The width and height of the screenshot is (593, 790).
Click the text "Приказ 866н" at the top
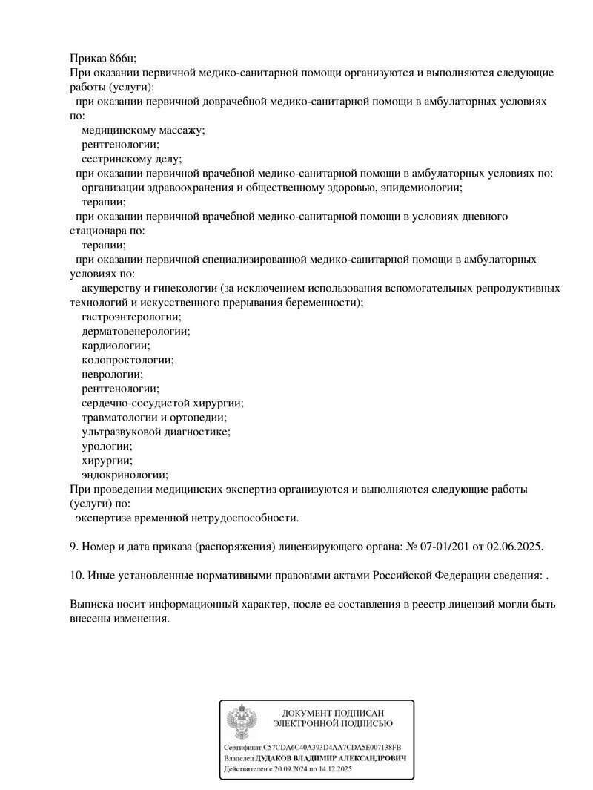click(x=103, y=59)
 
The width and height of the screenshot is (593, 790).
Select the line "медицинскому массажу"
click(x=143, y=130)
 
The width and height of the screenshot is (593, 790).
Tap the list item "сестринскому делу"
click(x=131, y=158)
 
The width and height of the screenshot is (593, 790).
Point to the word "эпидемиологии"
click(x=421, y=187)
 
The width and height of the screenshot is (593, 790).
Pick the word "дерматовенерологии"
click(x=136, y=331)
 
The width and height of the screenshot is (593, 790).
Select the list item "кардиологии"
click(x=116, y=346)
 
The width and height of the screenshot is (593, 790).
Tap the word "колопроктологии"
click(x=127, y=360)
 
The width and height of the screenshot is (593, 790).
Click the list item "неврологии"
click(x=113, y=374)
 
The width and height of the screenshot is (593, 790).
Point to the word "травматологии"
click(x=118, y=418)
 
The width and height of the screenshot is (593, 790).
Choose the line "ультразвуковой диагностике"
click(x=156, y=432)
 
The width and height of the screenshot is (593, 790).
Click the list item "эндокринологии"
click(x=125, y=475)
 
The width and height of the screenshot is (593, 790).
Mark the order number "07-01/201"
click(x=447, y=547)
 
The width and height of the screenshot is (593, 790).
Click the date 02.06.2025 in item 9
click(x=514, y=547)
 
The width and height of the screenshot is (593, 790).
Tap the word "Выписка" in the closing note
click(x=92, y=604)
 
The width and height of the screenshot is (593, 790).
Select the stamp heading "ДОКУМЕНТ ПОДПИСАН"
click(x=333, y=713)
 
